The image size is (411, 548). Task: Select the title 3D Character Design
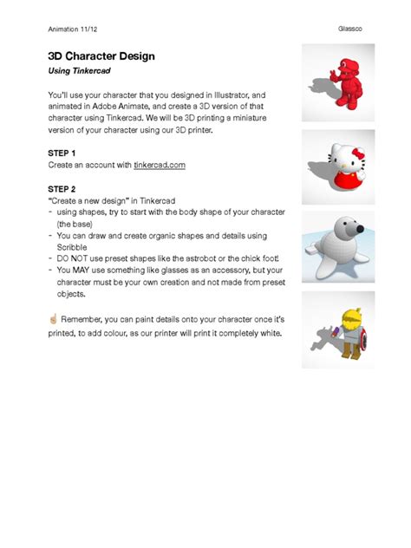(x=101, y=56)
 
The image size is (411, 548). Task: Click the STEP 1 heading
(x=62, y=153)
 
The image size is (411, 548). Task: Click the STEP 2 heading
(x=62, y=188)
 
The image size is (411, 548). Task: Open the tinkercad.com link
(x=160, y=165)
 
